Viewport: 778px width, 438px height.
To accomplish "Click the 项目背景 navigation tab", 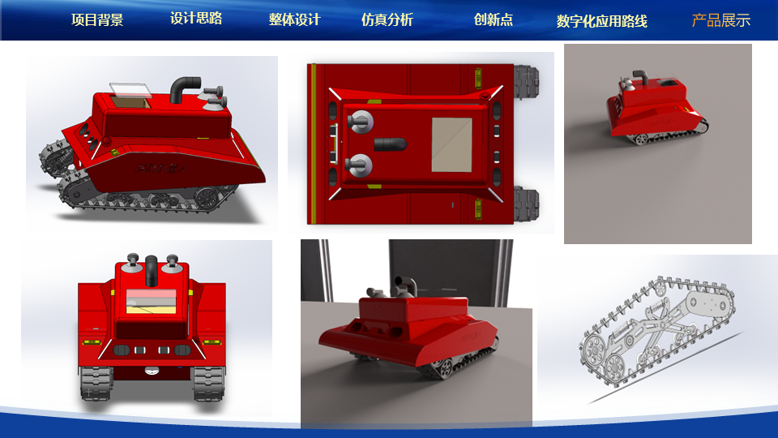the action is pyautogui.click(x=97, y=19).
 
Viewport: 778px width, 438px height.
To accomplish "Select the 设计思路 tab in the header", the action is pyautogui.click(x=196, y=19).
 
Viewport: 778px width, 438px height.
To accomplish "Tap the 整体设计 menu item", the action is pyautogui.click(x=295, y=19).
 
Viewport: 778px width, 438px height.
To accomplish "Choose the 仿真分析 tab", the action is pyautogui.click(x=387, y=19).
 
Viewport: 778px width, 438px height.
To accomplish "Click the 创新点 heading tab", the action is pyautogui.click(x=494, y=19).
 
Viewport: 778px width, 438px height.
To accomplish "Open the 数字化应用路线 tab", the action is pyautogui.click(x=602, y=21).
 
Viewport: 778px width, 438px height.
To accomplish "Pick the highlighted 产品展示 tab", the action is pyautogui.click(x=721, y=20).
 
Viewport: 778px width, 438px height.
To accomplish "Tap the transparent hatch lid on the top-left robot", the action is pyautogui.click(x=130, y=89).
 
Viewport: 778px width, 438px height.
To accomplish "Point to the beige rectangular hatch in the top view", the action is pyautogui.click(x=452, y=144).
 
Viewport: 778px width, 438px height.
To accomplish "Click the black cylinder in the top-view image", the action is pyautogui.click(x=390, y=144).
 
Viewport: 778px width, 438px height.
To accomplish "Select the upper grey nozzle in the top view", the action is pyautogui.click(x=360, y=121).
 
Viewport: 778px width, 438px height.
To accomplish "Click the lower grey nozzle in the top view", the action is pyautogui.click(x=359, y=165).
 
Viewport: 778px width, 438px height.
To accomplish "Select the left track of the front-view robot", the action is pyautogui.click(x=96, y=383).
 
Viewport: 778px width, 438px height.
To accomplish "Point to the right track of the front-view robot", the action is pyautogui.click(x=208, y=384).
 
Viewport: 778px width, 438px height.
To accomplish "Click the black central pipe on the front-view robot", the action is pyautogui.click(x=152, y=270).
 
